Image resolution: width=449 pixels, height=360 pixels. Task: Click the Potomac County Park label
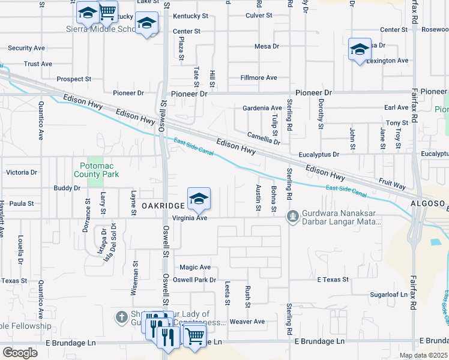[96, 169]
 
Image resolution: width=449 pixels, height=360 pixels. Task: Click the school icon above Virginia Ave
[199, 198]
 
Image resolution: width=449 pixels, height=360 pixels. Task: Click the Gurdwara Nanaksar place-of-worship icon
[292, 215]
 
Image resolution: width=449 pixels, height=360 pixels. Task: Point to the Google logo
[20, 353]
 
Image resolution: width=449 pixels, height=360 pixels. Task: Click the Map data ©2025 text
[423, 355]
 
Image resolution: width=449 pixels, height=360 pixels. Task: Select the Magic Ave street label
[195, 267]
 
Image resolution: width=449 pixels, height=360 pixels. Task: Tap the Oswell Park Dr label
[197, 280]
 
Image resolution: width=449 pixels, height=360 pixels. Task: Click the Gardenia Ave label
[262, 108]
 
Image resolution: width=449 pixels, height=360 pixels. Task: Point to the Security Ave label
[27, 48]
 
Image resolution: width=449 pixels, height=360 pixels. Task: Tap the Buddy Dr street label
[67, 188]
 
